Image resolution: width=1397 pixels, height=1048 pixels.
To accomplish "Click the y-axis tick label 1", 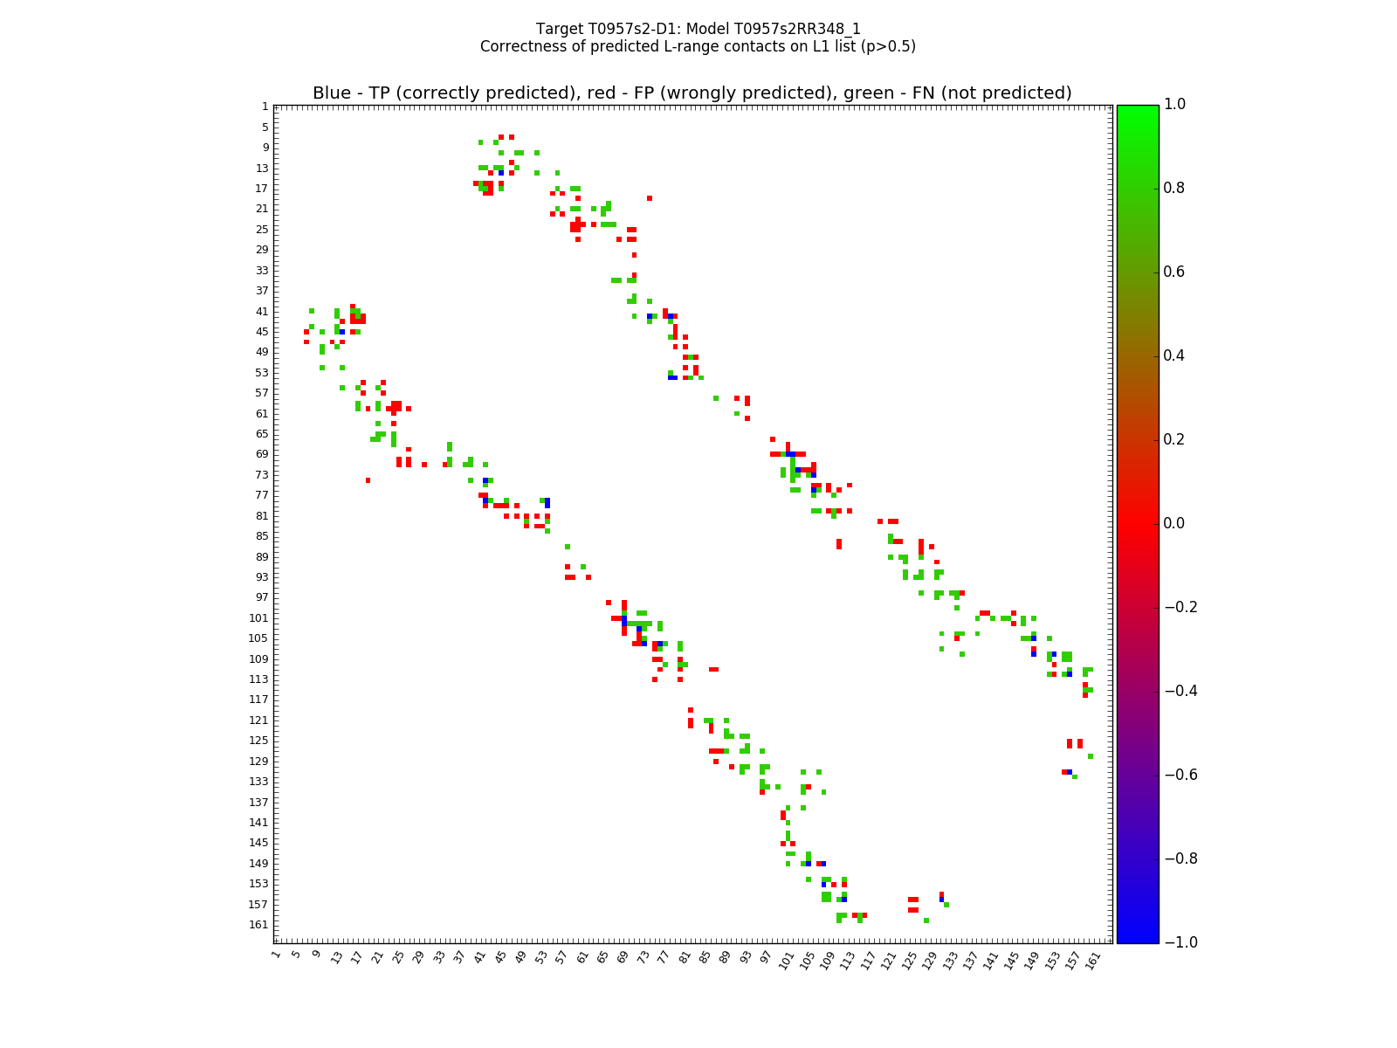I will [265, 107].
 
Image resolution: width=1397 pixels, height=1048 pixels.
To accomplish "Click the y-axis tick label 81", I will [262, 515].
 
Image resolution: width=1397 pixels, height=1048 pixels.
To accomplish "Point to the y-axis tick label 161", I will [259, 924].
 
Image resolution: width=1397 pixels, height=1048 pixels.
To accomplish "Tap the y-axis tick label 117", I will [259, 700].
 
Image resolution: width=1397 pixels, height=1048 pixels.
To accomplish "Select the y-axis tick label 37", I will [262, 291].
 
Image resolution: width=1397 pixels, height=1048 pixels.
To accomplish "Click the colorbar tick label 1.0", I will [1175, 105].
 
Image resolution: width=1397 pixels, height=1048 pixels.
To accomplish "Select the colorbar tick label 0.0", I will [1175, 523].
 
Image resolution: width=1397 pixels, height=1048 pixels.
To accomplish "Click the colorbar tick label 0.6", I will [1175, 272].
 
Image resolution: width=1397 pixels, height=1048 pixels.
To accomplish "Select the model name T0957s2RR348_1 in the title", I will [805, 29].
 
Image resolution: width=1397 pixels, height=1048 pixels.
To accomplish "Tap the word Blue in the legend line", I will [331, 93].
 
